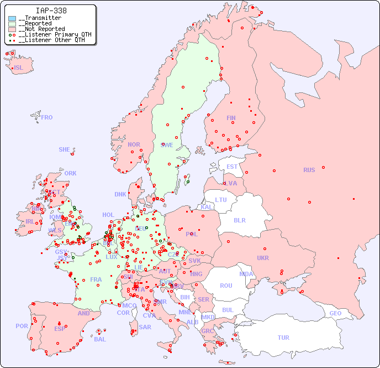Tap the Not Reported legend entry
[x=41, y=29]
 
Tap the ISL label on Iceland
[x=19, y=68]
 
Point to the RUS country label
[x=309, y=170]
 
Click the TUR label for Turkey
[x=283, y=338]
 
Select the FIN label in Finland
[x=231, y=118]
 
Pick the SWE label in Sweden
[x=167, y=145]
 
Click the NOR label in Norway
[x=134, y=144]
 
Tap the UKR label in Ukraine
[x=262, y=258]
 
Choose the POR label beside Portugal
[x=22, y=326]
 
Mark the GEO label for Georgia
[x=335, y=313]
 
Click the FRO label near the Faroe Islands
[x=47, y=117]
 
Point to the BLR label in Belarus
[x=239, y=220]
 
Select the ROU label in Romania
[x=226, y=286]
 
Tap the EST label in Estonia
[x=232, y=167]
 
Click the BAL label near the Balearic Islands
[x=100, y=339]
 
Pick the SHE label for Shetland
[x=65, y=149]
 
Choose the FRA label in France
[x=96, y=279]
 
